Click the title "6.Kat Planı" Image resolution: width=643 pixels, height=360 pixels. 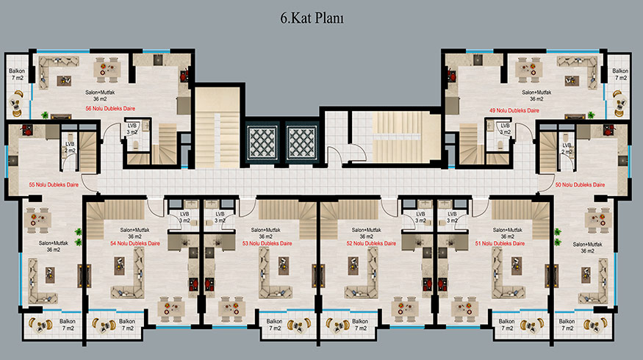312,18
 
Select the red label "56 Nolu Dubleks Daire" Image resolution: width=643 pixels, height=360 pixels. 110,109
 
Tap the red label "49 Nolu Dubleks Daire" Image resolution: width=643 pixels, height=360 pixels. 514,111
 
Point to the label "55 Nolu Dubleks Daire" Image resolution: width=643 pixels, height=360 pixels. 54,185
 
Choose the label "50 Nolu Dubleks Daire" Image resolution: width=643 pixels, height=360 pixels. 581,185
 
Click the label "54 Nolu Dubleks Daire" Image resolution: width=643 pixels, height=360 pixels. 135,244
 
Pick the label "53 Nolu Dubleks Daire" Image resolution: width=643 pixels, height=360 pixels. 267,244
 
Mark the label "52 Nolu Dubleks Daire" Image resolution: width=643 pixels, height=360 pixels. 372,244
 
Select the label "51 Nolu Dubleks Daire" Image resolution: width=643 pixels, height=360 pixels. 500,244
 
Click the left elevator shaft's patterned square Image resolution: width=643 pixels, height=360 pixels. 262,143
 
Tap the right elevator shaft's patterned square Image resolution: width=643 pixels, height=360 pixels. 302,143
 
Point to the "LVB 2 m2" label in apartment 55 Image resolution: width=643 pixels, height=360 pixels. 70,147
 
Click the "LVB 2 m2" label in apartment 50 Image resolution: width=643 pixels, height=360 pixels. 567,148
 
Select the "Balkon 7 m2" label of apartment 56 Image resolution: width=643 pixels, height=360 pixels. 17,74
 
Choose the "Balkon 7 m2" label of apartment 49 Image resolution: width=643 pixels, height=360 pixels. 620,74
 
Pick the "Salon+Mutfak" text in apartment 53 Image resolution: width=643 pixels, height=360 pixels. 266,230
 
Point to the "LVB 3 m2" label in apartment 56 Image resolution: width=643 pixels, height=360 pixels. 132,129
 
